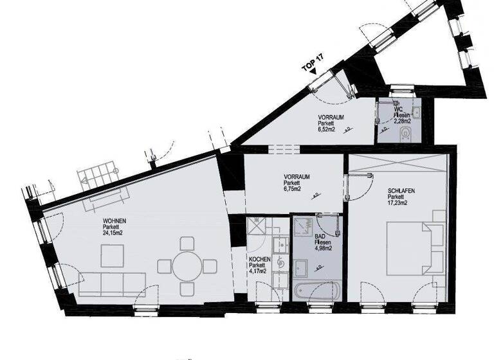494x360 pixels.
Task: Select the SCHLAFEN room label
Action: click(x=401, y=191)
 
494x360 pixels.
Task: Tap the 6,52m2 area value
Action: click(x=329, y=129)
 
